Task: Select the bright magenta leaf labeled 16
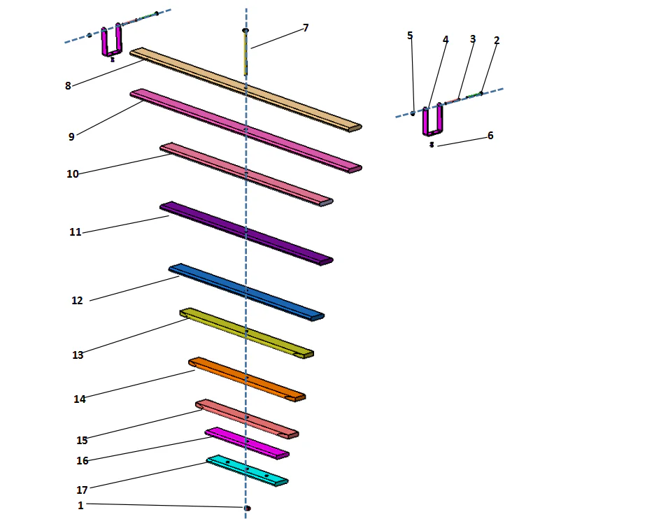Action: (245, 442)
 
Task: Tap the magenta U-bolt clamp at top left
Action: (111, 43)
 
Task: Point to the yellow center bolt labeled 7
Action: (246, 52)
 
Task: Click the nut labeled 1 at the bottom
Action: (248, 508)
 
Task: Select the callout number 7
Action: (306, 28)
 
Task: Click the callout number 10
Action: (73, 174)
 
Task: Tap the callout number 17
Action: (82, 490)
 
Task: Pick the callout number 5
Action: (410, 35)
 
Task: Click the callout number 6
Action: (490, 136)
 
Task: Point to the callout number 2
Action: (497, 41)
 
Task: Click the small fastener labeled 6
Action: (432, 145)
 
